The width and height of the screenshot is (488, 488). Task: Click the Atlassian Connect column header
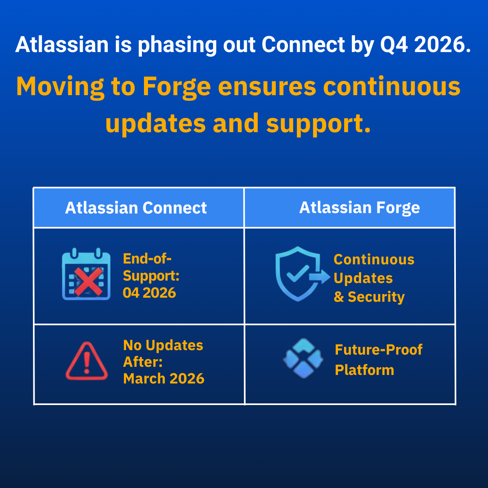click(x=136, y=208)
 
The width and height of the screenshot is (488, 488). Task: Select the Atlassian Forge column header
click(x=359, y=208)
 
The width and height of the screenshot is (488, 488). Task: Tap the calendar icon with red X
click(x=86, y=274)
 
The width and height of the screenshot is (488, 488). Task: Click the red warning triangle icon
click(x=87, y=361)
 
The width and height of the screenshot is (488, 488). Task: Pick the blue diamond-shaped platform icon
click(x=303, y=358)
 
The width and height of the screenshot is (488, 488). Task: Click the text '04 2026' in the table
click(x=149, y=293)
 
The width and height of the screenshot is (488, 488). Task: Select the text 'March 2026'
click(x=163, y=379)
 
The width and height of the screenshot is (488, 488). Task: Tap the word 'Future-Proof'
click(x=379, y=350)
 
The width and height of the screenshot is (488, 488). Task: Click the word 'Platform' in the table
click(x=364, y=370)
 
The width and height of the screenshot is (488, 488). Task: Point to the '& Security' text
click(x=369, y=297)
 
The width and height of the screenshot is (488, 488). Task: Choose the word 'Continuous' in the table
click(x=374, y=259)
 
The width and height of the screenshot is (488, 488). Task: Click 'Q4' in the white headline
click(x=394, y=45)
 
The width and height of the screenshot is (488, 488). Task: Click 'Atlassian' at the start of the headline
click(x=62, y=45)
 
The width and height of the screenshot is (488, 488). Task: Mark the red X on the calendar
click(x=88, y=281)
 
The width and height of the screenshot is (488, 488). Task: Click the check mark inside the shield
click(x=298, y=274)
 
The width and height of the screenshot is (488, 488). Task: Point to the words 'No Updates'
click(x=163, y=345)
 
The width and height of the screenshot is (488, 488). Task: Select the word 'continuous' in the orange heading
click(x=392, y=87)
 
